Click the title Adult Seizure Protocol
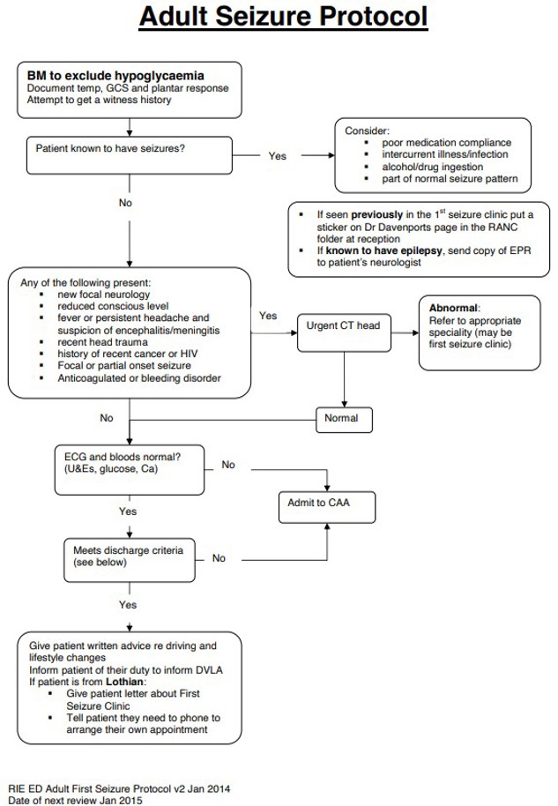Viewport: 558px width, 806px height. (283, 18)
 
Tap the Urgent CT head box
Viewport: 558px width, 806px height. (343, 325)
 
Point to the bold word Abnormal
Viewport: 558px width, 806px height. (453, 308)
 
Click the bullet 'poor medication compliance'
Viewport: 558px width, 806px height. (445, 143)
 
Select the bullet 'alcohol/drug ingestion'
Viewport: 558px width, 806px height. (432, 167)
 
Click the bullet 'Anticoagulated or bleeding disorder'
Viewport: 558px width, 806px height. (139, 378)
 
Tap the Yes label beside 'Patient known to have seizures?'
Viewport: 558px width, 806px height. (278, 156)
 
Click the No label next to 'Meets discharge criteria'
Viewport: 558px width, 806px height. (219, 558)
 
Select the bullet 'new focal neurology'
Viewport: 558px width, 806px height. (103, 294)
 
